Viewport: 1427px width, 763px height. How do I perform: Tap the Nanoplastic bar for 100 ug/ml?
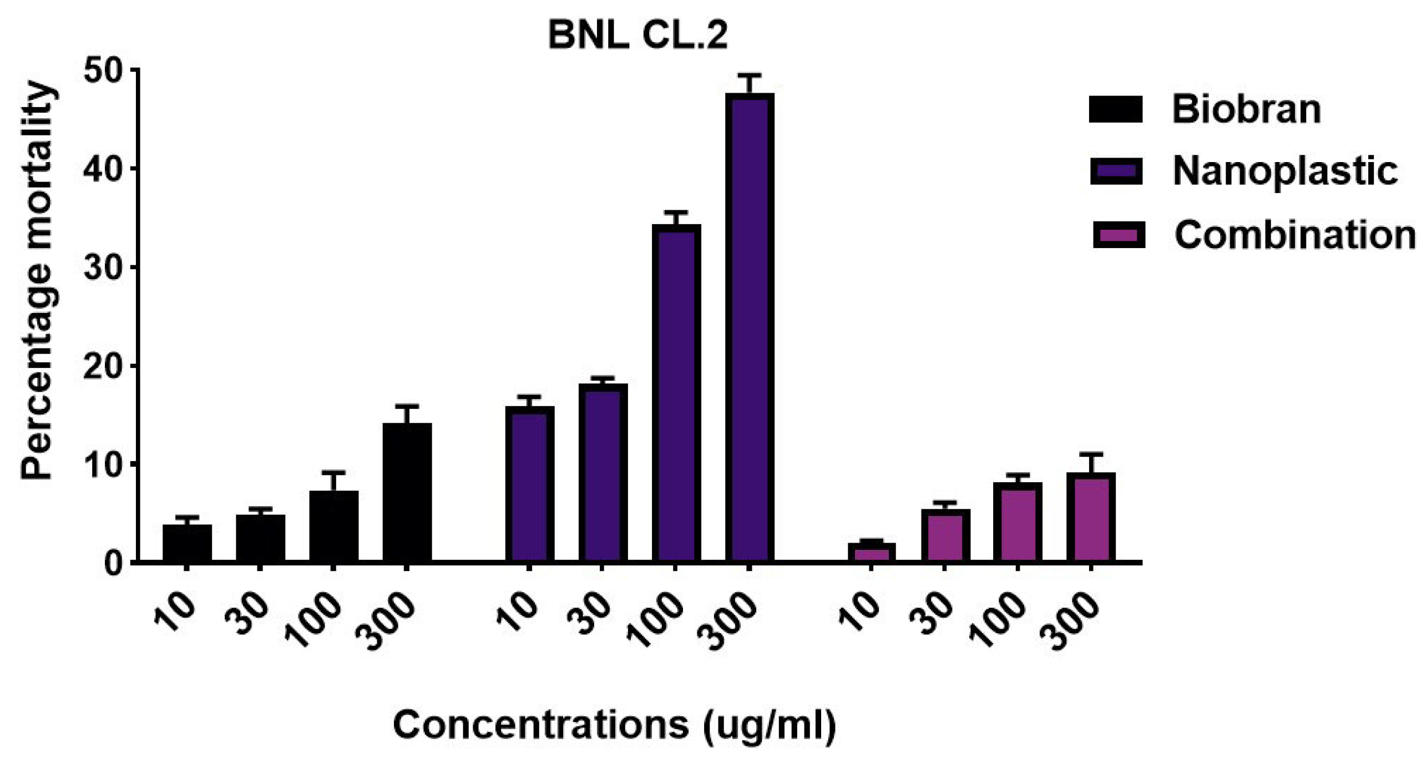click(x=676, y=394)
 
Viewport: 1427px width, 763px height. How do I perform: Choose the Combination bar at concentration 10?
click(x=871, y=553)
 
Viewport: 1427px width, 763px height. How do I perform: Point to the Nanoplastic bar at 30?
click(x=603, y=473)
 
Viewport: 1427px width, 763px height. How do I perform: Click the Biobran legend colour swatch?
click(x=1116, y=109)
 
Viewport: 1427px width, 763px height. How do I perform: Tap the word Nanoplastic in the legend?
click(x=1284, y=171)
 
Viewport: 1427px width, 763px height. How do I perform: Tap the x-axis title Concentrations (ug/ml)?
click(x=614, y=725)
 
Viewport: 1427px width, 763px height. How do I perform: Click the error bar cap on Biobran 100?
click(x=333, y=473)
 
